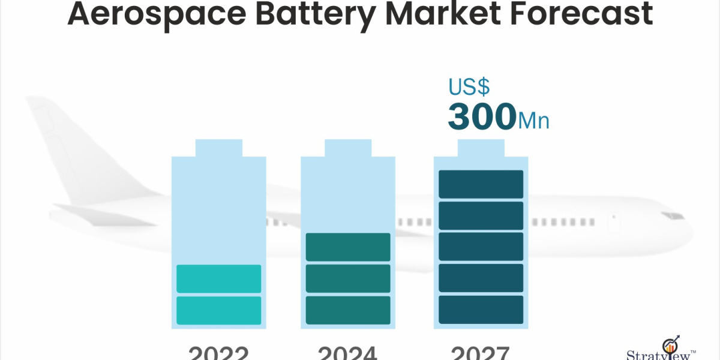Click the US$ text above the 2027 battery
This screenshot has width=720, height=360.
tap(469, 87)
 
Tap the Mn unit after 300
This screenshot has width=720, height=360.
tap(533, 120)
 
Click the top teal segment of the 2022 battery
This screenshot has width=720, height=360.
tap(218, 278)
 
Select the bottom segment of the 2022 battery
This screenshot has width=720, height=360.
tap(218, 310)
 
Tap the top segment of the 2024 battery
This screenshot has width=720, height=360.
tap(348, 247)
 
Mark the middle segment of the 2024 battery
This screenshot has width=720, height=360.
tap(348, 278)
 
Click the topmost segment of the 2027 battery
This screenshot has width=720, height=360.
tap(481, 184)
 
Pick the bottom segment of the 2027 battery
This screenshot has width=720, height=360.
tap(481, 310)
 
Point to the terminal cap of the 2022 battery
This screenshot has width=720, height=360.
tap(218, 148)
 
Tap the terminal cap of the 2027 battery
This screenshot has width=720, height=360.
tap(481, 148)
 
